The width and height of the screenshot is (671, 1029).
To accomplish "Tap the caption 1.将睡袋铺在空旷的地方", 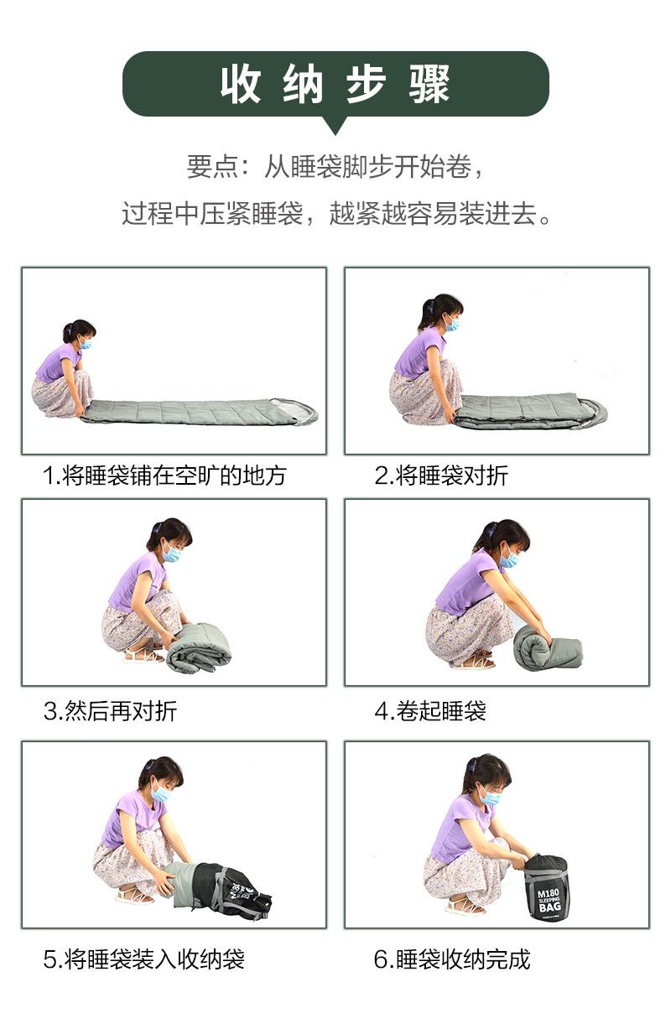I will [164, 476].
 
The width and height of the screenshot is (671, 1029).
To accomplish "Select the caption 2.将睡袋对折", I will [441, 476].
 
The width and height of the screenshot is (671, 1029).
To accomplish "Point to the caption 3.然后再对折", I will [110, 711].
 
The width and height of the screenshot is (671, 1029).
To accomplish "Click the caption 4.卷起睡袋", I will [430, 711].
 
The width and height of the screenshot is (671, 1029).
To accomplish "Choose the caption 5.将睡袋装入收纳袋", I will [143, 959].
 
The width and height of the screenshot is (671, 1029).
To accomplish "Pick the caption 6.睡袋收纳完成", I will [452, 959].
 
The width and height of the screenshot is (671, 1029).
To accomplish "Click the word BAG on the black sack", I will [550, 907].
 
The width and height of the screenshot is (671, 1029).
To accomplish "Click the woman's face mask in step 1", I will [86, 342].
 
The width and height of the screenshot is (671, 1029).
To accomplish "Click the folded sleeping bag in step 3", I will [199, 647].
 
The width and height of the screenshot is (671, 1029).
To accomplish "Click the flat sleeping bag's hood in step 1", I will [298, 412].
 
